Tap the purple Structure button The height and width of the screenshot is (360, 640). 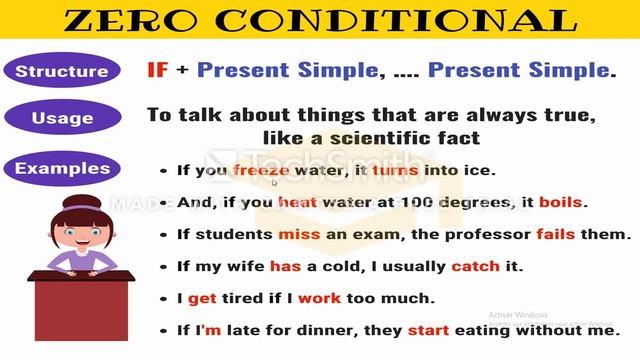click(62, 71)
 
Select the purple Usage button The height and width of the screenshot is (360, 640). click(62, 118)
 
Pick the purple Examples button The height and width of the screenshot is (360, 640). click(62, 167)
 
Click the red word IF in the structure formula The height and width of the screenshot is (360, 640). click(157, 70)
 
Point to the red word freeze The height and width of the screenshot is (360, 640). click(261, 170)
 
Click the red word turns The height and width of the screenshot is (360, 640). click(395, 170)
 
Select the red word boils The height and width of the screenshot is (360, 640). click(560, 202)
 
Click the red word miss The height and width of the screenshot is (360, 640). click(299, 234)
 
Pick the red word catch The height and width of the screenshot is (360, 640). click(474, 266)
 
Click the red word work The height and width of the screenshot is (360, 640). click(319, 298)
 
